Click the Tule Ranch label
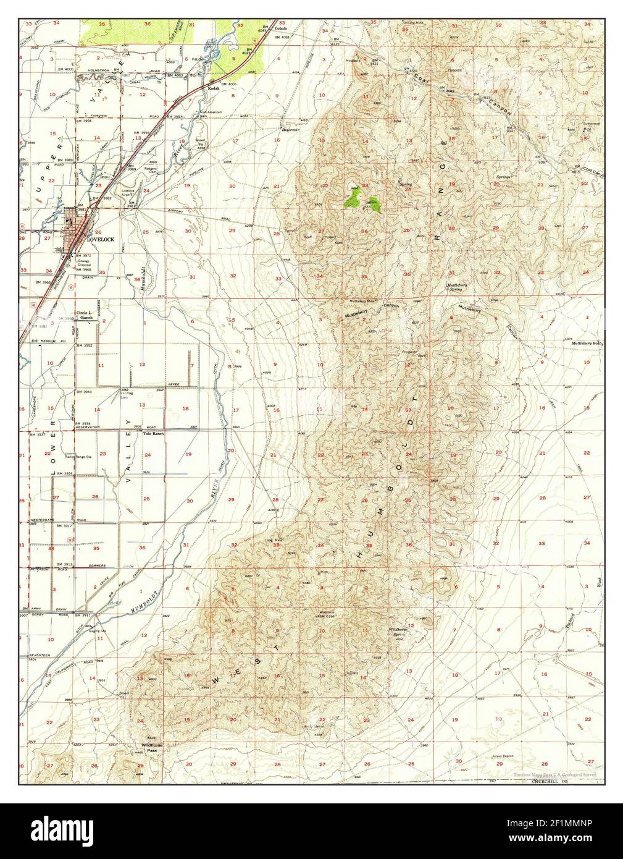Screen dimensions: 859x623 [153, 433]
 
